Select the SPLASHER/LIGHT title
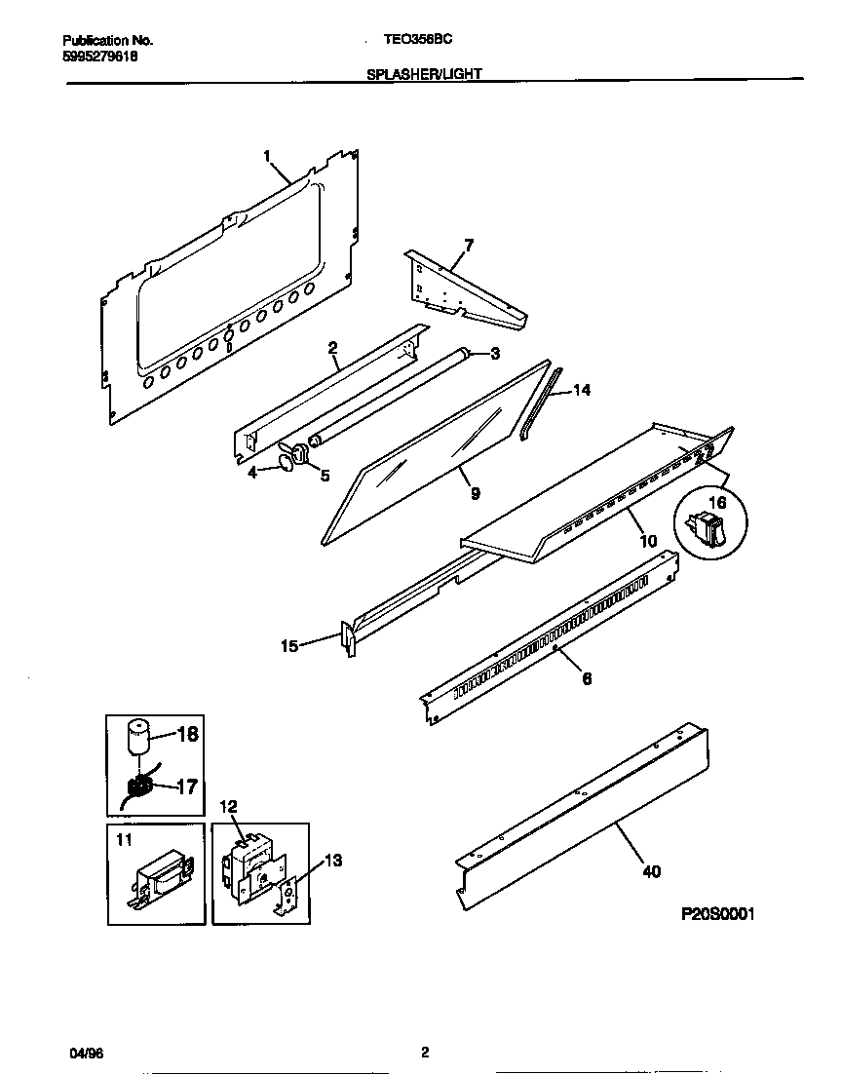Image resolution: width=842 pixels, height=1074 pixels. click(x=424, y=73)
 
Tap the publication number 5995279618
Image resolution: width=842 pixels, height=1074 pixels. click(x=99, y=57)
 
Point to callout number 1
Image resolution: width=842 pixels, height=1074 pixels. click(x=267, y=155)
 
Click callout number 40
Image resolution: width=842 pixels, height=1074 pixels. click(x=650, y=871)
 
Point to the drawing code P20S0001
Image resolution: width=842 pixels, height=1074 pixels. click(x=716, y=914)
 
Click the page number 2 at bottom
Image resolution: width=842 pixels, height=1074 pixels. click(x=424, y=1053)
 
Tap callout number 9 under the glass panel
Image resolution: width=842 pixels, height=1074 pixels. click(x=475, y=494)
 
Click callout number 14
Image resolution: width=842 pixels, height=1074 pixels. click(x=582, y=390)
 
